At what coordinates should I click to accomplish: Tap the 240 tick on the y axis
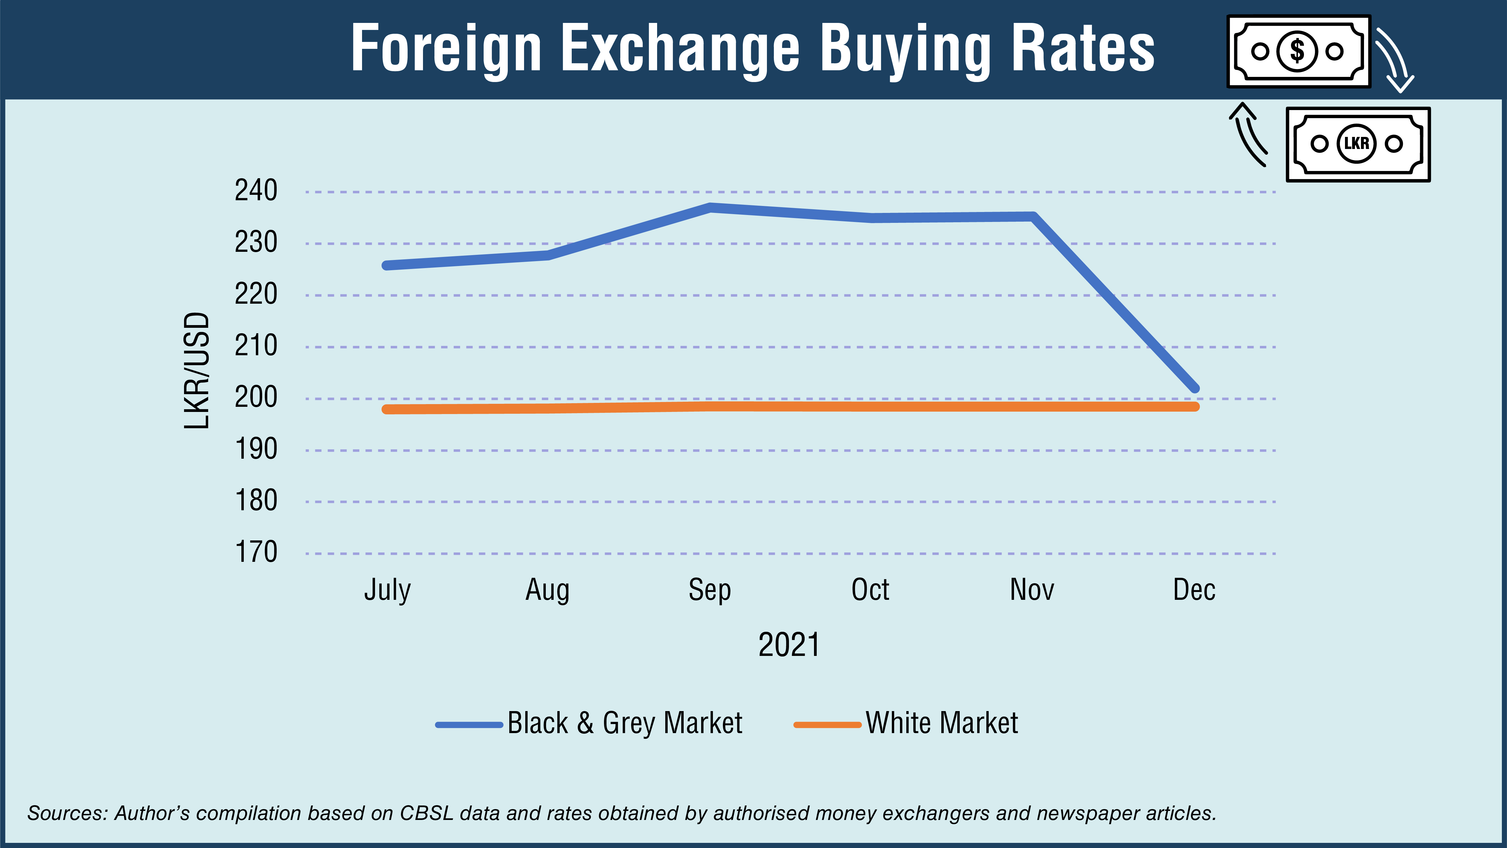pos(256,191)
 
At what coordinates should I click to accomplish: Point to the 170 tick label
pos(256,552)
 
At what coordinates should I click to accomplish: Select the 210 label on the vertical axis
pos(256,346)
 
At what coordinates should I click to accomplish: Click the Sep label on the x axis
pos(710,590)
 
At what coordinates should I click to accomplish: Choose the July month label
pos(387,590)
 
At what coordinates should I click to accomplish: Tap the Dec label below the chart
pos(1194,590)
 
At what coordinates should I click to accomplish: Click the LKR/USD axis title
pos(197,371)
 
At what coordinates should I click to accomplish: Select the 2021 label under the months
pos(789,644)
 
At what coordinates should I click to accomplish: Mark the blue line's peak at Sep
pos(710,207)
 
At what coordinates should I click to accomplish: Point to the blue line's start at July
pos(386,265)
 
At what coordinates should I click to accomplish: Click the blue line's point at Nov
pos(1033,217)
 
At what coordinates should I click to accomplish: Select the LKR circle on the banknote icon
pos(1356,143)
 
